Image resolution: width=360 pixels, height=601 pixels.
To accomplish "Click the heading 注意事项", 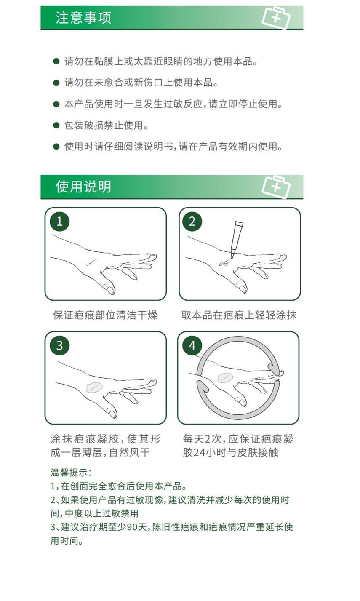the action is coord(83,18).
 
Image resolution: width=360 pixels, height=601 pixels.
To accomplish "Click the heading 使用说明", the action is coord(83,187).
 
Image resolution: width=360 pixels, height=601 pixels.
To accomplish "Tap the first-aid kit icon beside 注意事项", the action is coord(276,18).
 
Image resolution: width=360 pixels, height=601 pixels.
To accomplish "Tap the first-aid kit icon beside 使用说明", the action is coord(276,187).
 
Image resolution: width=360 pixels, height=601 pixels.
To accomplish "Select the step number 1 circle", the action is coord(59,222).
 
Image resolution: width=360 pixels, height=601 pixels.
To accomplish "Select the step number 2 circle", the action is coord(192,222).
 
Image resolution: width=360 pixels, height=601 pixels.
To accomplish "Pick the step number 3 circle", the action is coord(59,346).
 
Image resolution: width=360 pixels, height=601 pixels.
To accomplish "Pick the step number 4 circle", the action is coord(192,346).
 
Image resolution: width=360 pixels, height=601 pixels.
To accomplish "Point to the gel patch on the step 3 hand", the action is coord(94,388).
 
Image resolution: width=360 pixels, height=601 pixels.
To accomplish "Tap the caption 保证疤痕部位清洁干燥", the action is coord(105,315).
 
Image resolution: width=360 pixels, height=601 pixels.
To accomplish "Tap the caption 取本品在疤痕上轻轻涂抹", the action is coord(239,315).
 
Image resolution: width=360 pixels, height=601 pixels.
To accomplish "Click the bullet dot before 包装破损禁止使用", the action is coord(56,125).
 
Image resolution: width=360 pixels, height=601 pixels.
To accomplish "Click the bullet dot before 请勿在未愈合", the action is coord(56,83).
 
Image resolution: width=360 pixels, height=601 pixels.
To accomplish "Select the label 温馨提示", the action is coord(69,473).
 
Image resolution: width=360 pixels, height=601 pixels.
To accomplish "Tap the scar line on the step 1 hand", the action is coord(91,262).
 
